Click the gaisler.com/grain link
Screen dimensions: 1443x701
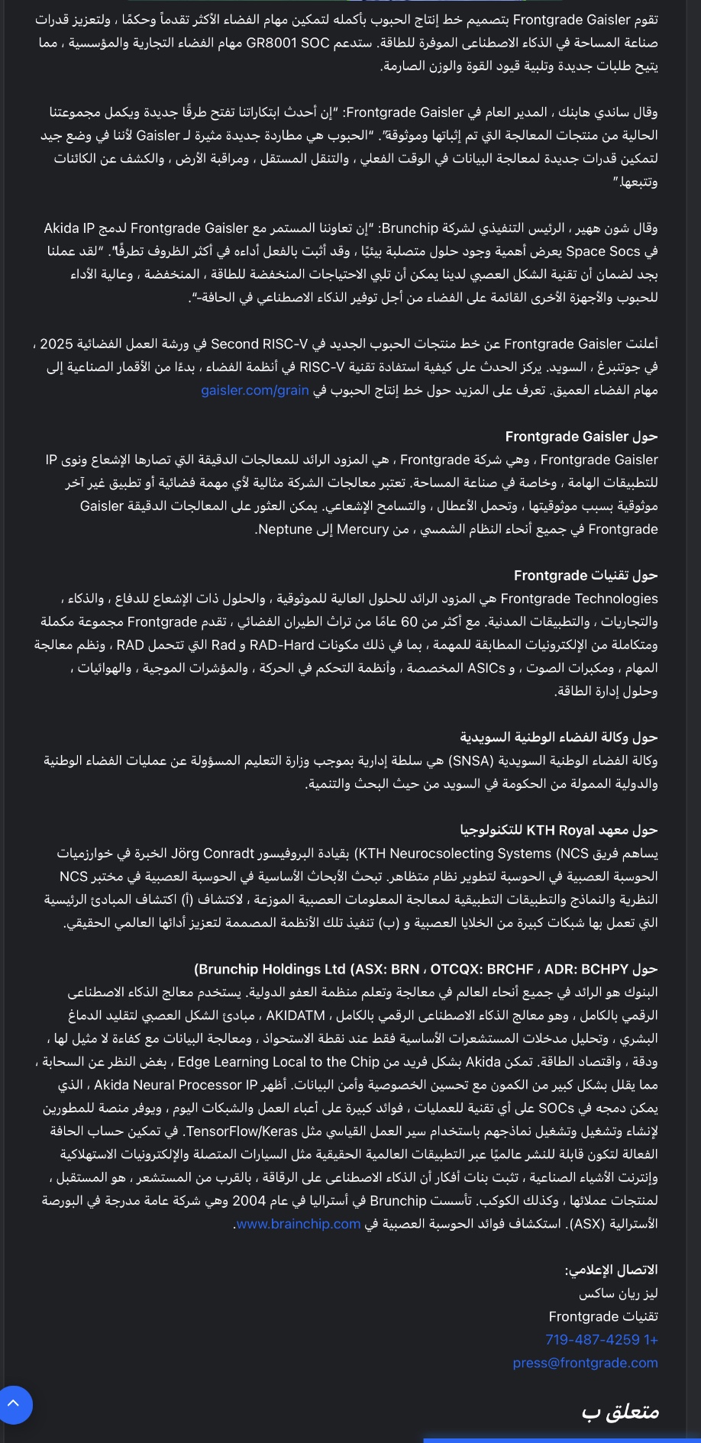click(x=255, y=390)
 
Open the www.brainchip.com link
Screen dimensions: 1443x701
click(x=298, y=1224)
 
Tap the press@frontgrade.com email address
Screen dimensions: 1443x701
click(x=585, y=1363)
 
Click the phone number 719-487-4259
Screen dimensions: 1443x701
click(x=601, y=1340)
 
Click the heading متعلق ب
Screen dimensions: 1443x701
click(x=620, y=1412)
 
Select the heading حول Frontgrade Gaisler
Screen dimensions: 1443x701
click(x=581, y=437)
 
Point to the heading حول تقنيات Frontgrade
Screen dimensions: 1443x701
click(x=586, y=576)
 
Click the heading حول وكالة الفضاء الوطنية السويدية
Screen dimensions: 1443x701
click(x=558, y=738)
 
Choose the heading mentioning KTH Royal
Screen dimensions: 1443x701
click(x=559, y=830)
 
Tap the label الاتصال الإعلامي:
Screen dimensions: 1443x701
click(x=611, y=1270)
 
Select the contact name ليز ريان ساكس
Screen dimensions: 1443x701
click(x=618, y=1293)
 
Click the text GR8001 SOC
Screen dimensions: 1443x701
click(x=287, y=43)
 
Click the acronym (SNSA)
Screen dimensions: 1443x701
click(x=473, y=760)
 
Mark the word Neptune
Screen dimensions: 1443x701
click(x=285, y=529)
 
